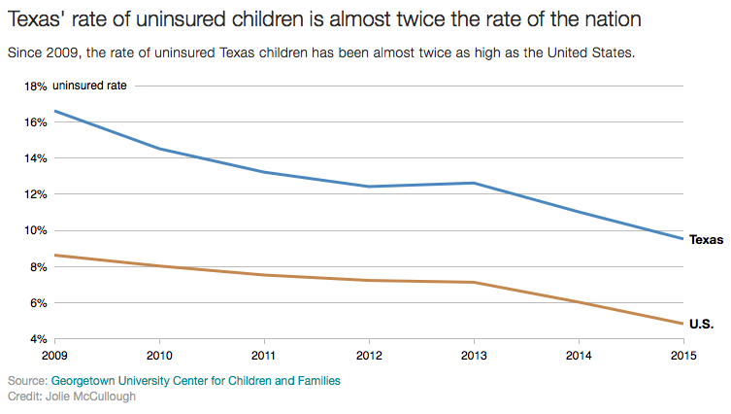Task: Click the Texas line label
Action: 707,239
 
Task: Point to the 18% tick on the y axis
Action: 35,86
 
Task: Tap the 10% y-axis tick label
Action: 35,230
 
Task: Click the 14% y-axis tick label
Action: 35,158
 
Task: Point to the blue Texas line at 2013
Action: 474,183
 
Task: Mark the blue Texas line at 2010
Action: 159,149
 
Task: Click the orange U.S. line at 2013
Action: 474,283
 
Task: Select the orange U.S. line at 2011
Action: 264,275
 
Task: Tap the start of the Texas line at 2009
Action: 55,111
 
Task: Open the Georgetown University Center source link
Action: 195,382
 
